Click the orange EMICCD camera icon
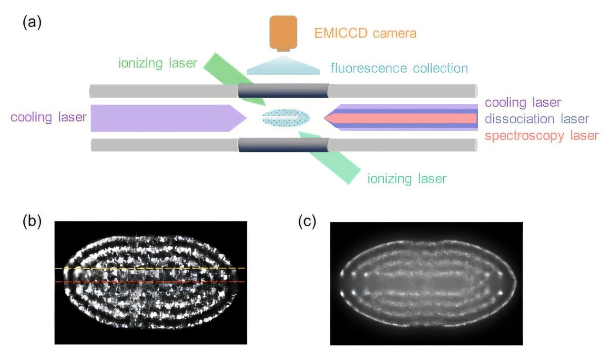click(283, 32)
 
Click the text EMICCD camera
click(365, 34)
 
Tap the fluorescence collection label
click(399, 68)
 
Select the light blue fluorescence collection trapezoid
click(283, 66)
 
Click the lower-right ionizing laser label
click(407, 179)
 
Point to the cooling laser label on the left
click(49, 117)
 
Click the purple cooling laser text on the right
click(523, 102)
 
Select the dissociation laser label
click(537, 119)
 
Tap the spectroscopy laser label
click(541, 136)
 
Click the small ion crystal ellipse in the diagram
click(286, 117)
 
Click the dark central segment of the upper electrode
click(283, 91)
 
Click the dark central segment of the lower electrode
click(283, 145)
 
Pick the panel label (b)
click(32, 221)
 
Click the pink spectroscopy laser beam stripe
click(405, 118)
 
